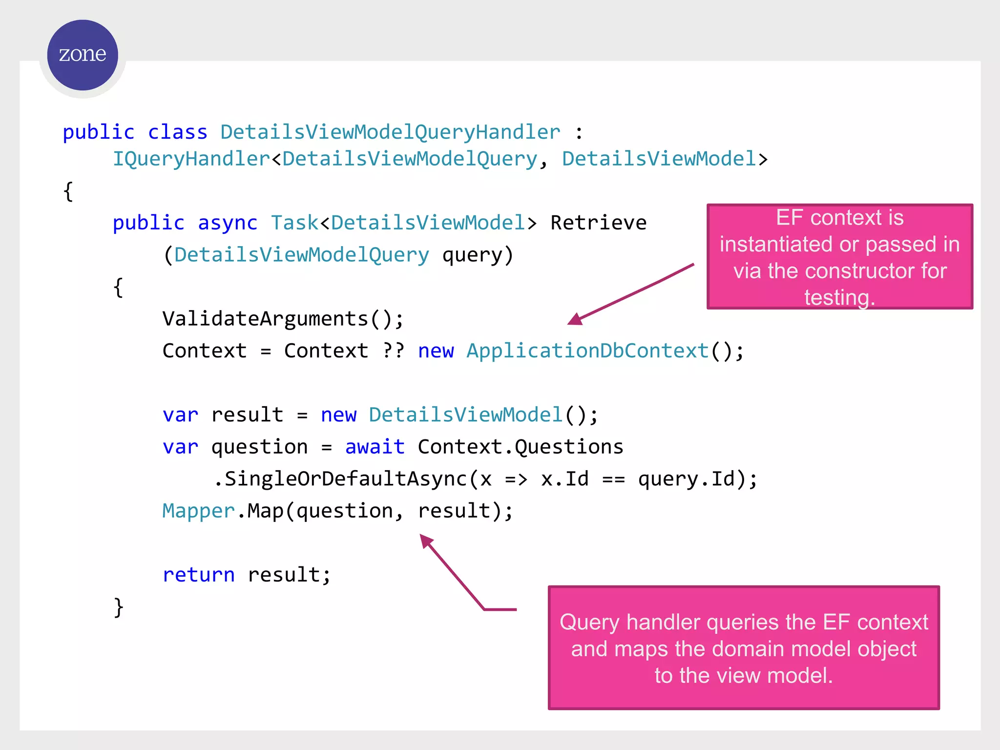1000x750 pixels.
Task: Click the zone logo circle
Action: [83, 55]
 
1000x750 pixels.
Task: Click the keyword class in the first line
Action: [177, 132]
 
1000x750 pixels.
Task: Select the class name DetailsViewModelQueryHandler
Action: [390, 132]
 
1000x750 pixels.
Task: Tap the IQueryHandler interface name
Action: [191, 159]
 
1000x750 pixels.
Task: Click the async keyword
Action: [228, 223]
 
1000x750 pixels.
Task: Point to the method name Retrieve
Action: [598, 223]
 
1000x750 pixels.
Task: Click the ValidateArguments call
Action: [265, 319]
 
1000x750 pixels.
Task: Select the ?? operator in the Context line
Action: [393, 351]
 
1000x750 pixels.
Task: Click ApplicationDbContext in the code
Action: [587, 351]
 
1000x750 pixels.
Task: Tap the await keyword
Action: [375, 447]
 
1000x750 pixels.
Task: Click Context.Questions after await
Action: [521, 447]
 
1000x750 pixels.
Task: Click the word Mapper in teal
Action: [199, 511]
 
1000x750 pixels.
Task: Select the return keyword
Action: [199, 575]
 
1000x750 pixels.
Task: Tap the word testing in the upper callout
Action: [837, 297]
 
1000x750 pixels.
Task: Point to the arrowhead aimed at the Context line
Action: [575, 319]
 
